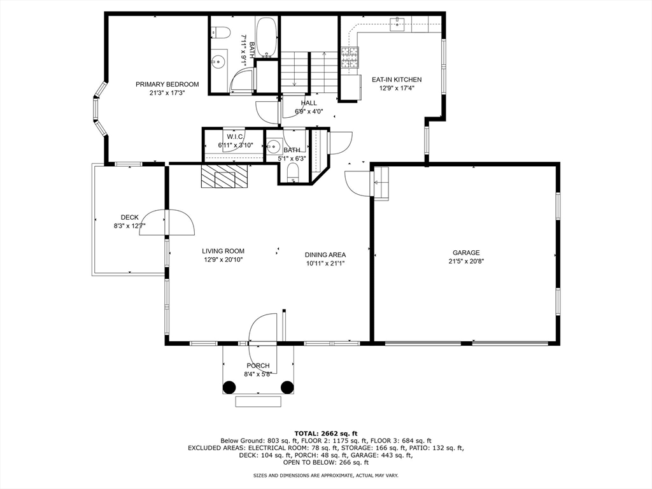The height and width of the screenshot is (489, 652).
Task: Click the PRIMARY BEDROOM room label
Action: point(167,84)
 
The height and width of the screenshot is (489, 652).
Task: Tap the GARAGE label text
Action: point(466,253)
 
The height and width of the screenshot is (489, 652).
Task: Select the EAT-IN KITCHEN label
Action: point(396,80)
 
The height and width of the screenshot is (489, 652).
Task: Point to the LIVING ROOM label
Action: point(223,251)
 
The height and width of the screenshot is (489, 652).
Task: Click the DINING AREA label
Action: point(325,255)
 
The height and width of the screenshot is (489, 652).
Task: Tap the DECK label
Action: point(129,217)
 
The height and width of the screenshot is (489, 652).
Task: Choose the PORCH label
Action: point(258,365)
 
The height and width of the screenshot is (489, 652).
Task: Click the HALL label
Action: point(309,103)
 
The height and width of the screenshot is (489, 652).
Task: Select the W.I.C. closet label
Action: point(233,137)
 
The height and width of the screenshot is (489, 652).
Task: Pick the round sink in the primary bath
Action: point(218,62)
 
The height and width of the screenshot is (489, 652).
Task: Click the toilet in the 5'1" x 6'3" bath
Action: point(293,172)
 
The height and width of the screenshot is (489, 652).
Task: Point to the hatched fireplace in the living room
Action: point(223,177)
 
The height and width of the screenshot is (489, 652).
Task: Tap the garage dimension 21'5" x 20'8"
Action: point(466,261)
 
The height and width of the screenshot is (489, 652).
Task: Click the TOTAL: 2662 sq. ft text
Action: point(325,433)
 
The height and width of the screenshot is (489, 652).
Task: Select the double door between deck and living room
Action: point(167,223)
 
